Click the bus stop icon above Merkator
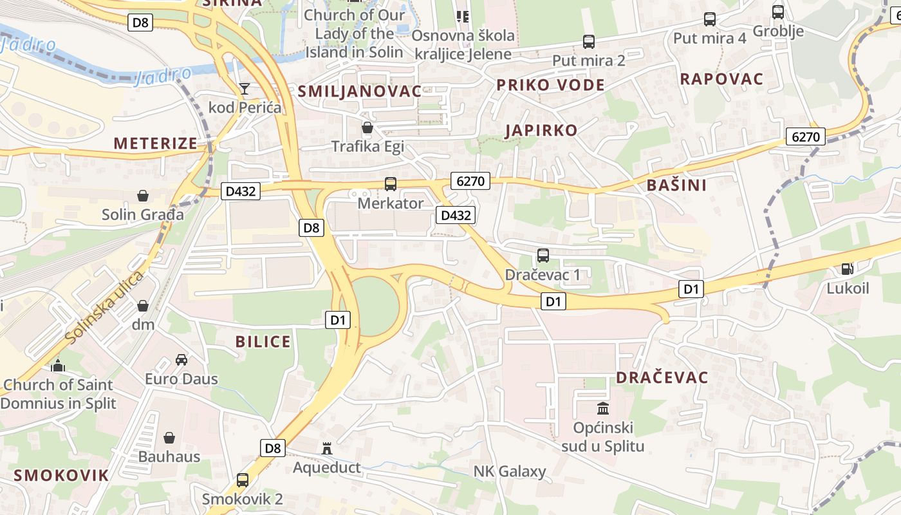[391, 184]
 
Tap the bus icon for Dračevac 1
[543, 256]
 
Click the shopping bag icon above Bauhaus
[169, 438]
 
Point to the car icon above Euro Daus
[181, 359]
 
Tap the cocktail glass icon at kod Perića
[245, 88]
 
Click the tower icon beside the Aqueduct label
[328, 448]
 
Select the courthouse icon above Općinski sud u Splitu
[603, 408]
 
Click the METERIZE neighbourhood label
[156, 144]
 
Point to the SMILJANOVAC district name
[359, 91]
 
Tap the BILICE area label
[263, 342]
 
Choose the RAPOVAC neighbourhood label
[721, 79]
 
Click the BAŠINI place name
[676, 185]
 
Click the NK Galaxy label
[510, 471]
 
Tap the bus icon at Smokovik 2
[243, 480]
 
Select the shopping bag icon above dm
[143, 305]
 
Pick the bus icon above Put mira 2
[589, 42]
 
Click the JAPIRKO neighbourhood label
[541, 131]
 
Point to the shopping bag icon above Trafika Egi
[367, 127]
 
